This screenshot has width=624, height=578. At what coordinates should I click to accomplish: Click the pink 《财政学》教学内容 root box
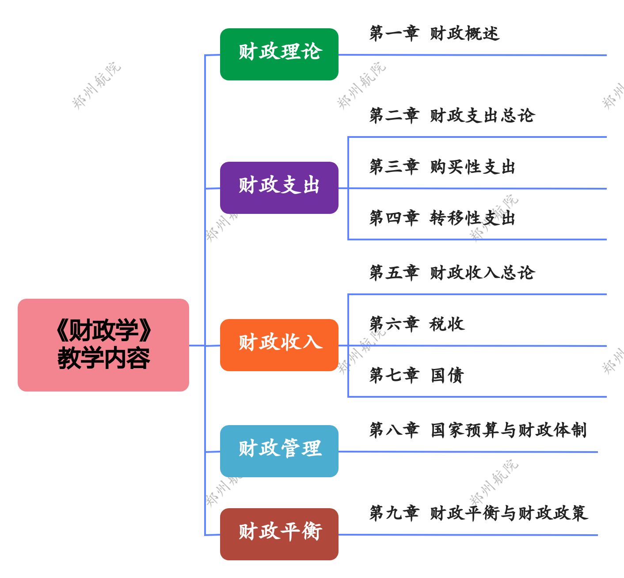click(x=103, y=345)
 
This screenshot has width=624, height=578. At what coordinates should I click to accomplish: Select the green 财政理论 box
click(x=279, y=54)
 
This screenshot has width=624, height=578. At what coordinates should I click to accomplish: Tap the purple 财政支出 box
click(x=279, y=187)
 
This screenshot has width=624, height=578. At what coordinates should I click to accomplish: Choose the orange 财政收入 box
click(x=279, y=345)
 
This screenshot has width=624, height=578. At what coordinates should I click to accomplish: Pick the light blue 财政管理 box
click(x=279, y=451)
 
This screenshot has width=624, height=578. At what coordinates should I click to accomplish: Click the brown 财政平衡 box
click(x=279, y=534)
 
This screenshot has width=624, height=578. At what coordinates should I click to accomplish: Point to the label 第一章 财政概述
click(x=434, y=34)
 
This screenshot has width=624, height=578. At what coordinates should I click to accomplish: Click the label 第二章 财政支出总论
click(x=452, y=116)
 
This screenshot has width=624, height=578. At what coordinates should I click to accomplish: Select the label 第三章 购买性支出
click(x=442, y=167)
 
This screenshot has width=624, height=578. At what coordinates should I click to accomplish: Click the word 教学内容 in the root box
click(x=104, y=358)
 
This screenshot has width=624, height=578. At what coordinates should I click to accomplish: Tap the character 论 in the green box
click(x=312, y=52)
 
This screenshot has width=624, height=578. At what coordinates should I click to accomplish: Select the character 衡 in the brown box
click(x=312, y=531)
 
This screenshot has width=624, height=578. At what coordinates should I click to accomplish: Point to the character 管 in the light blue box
click(x=291, y=449)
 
